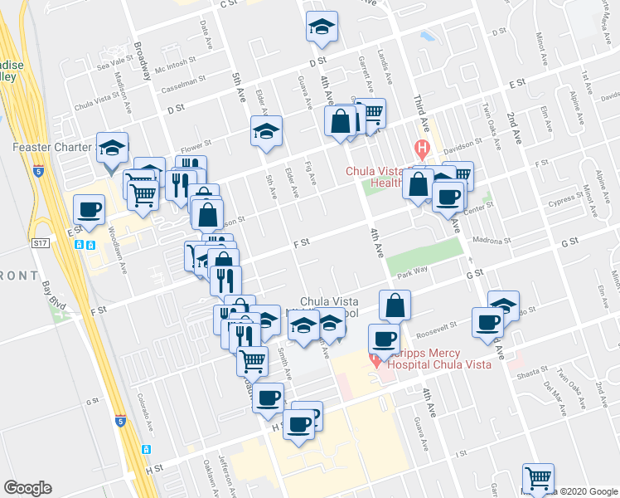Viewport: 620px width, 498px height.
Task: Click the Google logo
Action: coord(27,488)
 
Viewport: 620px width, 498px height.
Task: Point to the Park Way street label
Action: coord(412,272)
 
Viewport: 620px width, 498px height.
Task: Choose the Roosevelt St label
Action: coord(437,329)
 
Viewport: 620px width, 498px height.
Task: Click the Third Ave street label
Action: coord(421,116)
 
